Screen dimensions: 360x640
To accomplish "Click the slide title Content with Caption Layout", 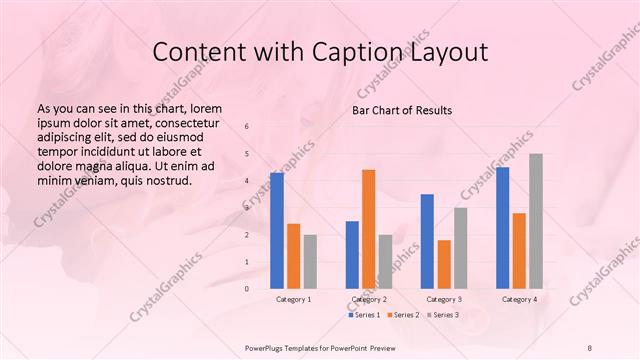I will pos(319,51).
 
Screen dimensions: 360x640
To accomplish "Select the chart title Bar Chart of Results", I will pos(401,110).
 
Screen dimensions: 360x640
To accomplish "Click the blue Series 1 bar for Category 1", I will pos(276,231).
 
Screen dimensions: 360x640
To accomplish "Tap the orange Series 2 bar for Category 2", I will pos(368,229).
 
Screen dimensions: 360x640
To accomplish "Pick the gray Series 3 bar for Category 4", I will pos(536,221).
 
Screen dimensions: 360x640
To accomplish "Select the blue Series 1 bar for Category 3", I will pos(427,241).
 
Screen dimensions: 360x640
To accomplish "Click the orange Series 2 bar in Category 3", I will pos(444,264).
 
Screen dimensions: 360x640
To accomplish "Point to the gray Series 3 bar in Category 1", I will pos(310,261).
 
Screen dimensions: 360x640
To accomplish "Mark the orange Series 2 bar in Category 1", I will pos(293,256).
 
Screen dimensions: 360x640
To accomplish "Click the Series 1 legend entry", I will pos(364,315).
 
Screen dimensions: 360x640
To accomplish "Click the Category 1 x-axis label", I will pos(293,299).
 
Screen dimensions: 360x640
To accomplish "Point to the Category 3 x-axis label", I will pos(444,299).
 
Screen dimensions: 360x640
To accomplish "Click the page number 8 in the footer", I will pos(590,347).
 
